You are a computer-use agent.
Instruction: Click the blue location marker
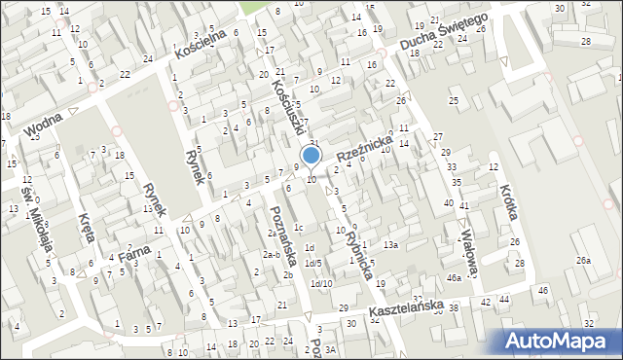(x=311, y=155)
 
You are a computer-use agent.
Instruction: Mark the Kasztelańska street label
(x=406, y=308)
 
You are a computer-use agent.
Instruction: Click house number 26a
(x=583, y=261)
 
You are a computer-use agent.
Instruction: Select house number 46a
(x=454, y=278)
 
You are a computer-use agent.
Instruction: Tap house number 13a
(x=390, y=245)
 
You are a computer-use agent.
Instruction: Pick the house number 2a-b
(x=272, y=255)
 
